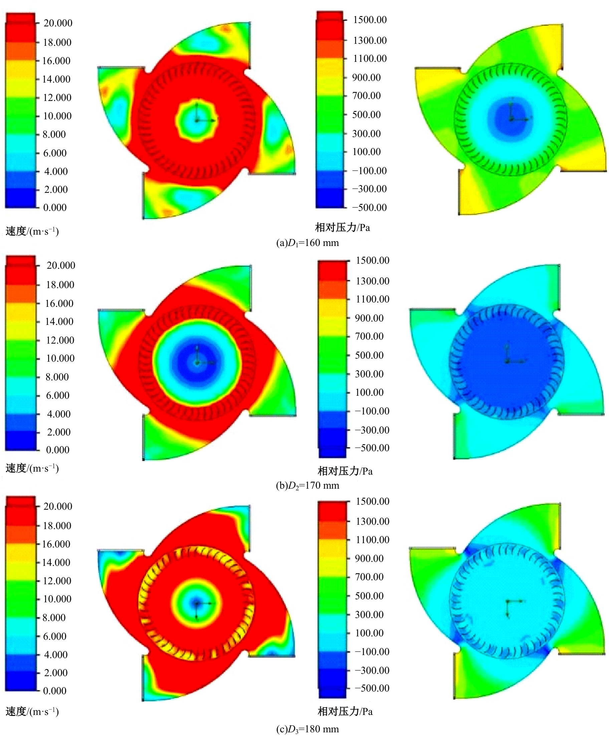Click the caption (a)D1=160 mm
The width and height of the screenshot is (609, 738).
point(307,243)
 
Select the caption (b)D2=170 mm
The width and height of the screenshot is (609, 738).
point(307,486)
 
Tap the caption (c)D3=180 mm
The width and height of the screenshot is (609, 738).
point(307,729)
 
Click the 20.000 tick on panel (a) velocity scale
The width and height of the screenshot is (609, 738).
point(57,23)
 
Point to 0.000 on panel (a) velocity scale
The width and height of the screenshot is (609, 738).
point(55,208)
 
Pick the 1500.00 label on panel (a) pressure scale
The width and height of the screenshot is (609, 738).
point(370,20)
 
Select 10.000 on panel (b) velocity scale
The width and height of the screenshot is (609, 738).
point(60,358)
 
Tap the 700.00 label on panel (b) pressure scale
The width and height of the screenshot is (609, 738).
point(369,336)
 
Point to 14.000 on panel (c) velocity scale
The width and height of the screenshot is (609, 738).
point(56,563)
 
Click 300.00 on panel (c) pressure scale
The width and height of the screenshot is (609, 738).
point(369,614)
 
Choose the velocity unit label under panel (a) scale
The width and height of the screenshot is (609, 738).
point(32,231)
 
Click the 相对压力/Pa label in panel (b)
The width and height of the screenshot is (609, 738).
point(345,471)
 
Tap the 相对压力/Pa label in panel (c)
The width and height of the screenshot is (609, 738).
point(345,711)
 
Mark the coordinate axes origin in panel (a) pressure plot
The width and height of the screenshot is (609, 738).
point(512,120)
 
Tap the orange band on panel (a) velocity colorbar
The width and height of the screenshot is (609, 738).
point(20,51)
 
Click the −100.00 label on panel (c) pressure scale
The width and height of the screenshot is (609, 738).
point(372,652)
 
